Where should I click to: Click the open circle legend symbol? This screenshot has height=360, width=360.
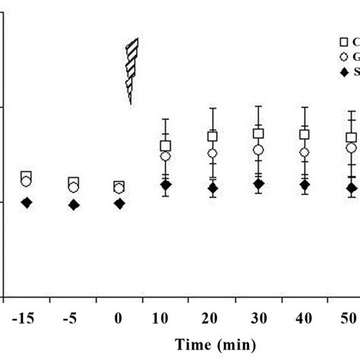tap(343, 57)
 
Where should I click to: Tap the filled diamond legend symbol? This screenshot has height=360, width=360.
tap(343, 71)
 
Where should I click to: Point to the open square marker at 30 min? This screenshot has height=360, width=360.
tap(258, 134)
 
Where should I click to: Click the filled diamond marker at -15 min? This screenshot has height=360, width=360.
tap(27, 202)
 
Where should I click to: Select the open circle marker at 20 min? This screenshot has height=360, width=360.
tap(213, 153)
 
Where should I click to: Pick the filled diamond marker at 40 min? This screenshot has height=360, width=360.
tap(305, 185)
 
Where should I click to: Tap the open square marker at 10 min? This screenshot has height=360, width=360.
tap(166, 145)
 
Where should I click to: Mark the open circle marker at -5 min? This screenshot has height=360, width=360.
tap(73, 187)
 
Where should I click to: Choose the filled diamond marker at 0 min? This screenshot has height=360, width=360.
tap(119, 203)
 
